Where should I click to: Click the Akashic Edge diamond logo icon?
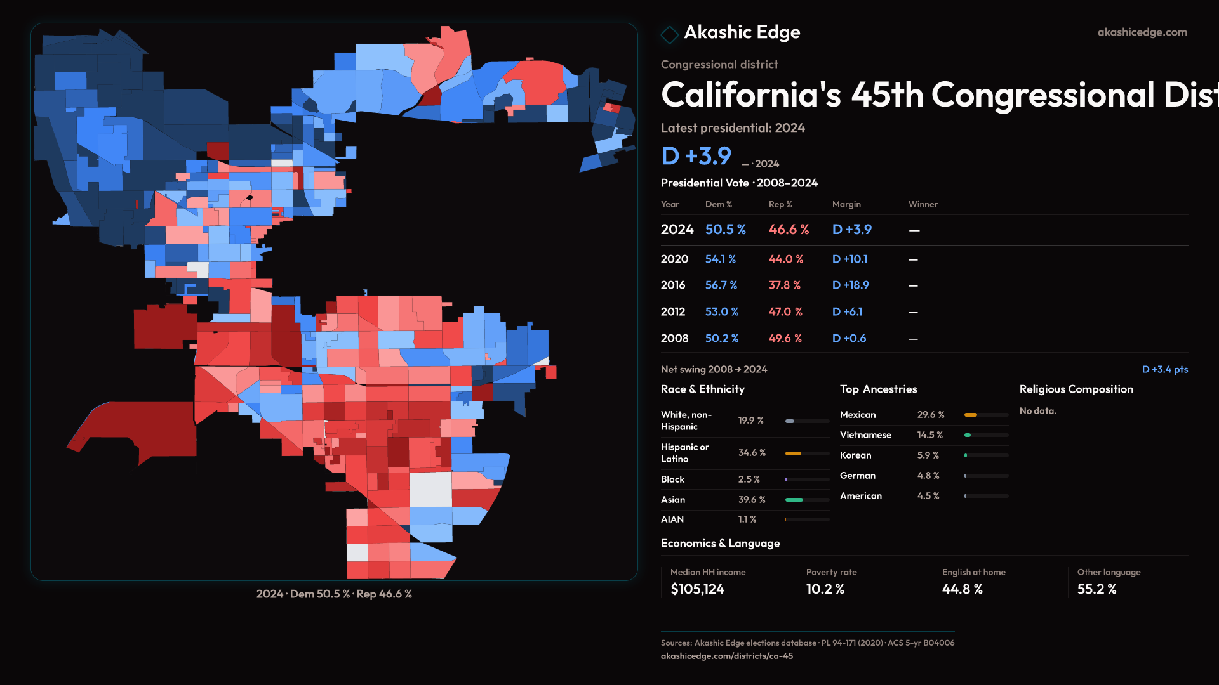[x=669, y=34]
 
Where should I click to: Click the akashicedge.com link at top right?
[x=1142, y=32]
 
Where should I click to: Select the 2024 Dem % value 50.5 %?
[x=725, y=230]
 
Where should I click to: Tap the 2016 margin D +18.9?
[x=850, y=285]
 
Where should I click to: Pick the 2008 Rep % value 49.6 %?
[x=785, y=339]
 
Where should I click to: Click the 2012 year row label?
[x=672, y=312]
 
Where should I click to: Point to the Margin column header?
[x=846, y=204]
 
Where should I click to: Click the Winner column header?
[x=923, y=204]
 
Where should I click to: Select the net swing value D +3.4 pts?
[x=1164, y=369]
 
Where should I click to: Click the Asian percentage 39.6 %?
[x=752, y=500]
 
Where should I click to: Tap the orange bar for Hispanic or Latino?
[x=793, y=453]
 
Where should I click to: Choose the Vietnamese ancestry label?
[x=865, y=435]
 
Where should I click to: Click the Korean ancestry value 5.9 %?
[x=928, y=455]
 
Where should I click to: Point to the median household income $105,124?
[x=697, y=589]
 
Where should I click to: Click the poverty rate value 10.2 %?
[x=825, y=589]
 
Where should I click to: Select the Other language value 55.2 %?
[x=1096, y=589]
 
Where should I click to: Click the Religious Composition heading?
[x=1076, y=389]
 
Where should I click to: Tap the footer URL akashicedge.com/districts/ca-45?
[x=726, y=656]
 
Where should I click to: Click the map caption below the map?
[x=334, y=594]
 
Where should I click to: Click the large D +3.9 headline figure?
[x=696, y=156]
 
